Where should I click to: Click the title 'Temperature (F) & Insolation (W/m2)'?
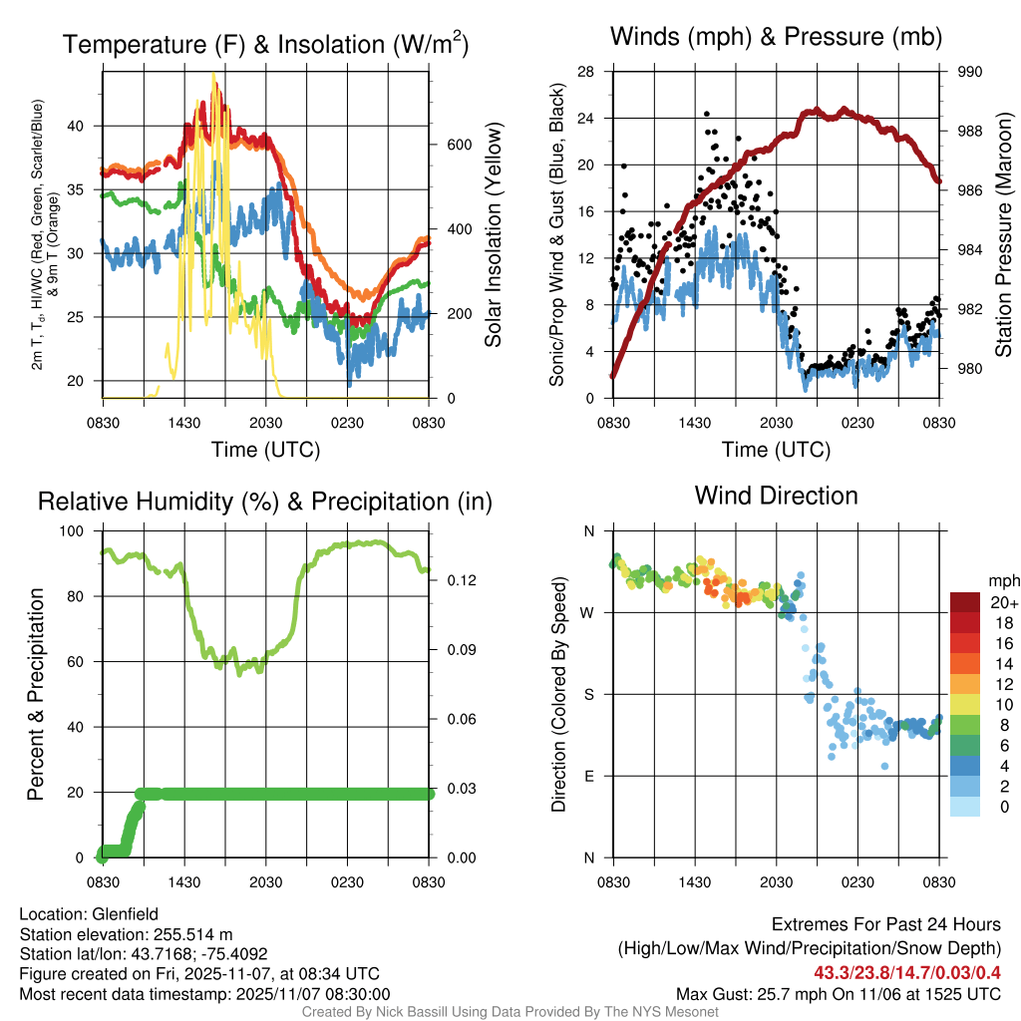(x=265, y=45)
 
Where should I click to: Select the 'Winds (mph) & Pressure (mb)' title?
(x=777, y=37)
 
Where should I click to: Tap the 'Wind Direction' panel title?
(x=776, y=495)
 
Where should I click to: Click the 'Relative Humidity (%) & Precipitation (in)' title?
(x=264, y=502)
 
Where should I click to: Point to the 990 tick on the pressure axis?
(x=970, y=72)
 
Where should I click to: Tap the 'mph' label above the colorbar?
(x=1002, y=580)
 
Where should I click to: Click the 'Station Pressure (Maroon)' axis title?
(x=1003, y=234)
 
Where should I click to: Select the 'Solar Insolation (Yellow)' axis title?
(x=493, y=234)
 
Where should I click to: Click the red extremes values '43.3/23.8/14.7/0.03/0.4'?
(x=907, y=972)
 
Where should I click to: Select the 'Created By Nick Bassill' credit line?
(x=510, y=1012)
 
